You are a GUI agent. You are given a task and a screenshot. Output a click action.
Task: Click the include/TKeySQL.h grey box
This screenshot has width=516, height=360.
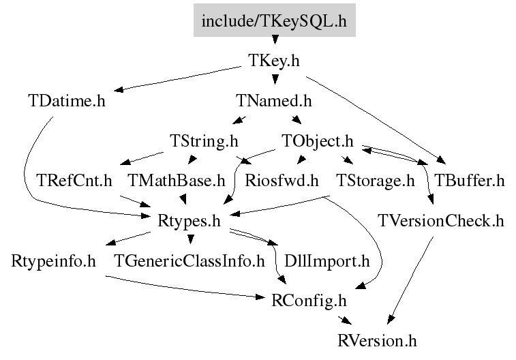275,20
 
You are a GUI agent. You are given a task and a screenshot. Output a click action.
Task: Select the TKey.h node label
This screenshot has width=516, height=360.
274,61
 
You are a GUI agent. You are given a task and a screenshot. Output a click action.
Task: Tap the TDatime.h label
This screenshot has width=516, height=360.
67,101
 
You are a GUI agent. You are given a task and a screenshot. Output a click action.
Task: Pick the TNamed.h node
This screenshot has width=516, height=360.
274,101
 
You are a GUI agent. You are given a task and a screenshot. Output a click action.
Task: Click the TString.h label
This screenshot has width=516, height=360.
204,141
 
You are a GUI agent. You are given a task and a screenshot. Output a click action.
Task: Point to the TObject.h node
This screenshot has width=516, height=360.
318,141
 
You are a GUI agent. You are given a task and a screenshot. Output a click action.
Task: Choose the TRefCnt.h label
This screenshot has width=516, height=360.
74,181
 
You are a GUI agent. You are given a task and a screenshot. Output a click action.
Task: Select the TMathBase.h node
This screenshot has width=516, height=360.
177,181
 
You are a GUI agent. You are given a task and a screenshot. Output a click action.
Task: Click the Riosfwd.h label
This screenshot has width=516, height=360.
282,181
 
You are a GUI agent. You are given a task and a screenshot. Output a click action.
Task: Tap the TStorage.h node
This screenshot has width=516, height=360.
375,181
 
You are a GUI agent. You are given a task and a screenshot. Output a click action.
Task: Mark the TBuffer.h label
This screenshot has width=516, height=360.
469,181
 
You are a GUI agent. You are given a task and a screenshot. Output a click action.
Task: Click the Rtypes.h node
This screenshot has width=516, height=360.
189,221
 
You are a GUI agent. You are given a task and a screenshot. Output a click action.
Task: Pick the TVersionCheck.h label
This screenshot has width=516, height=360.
441,221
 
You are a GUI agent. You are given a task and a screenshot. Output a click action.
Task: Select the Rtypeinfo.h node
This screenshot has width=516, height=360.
53,261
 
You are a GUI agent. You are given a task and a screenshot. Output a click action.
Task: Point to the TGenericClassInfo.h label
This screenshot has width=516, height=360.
189,261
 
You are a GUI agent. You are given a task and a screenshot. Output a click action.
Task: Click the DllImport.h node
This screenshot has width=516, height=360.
327,261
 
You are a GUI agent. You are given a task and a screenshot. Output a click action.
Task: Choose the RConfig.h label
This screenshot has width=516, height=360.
309,301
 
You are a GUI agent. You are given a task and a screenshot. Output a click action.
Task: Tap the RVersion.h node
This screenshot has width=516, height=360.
377,341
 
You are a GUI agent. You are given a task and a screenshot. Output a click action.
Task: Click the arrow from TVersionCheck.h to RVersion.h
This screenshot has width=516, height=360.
410,280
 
